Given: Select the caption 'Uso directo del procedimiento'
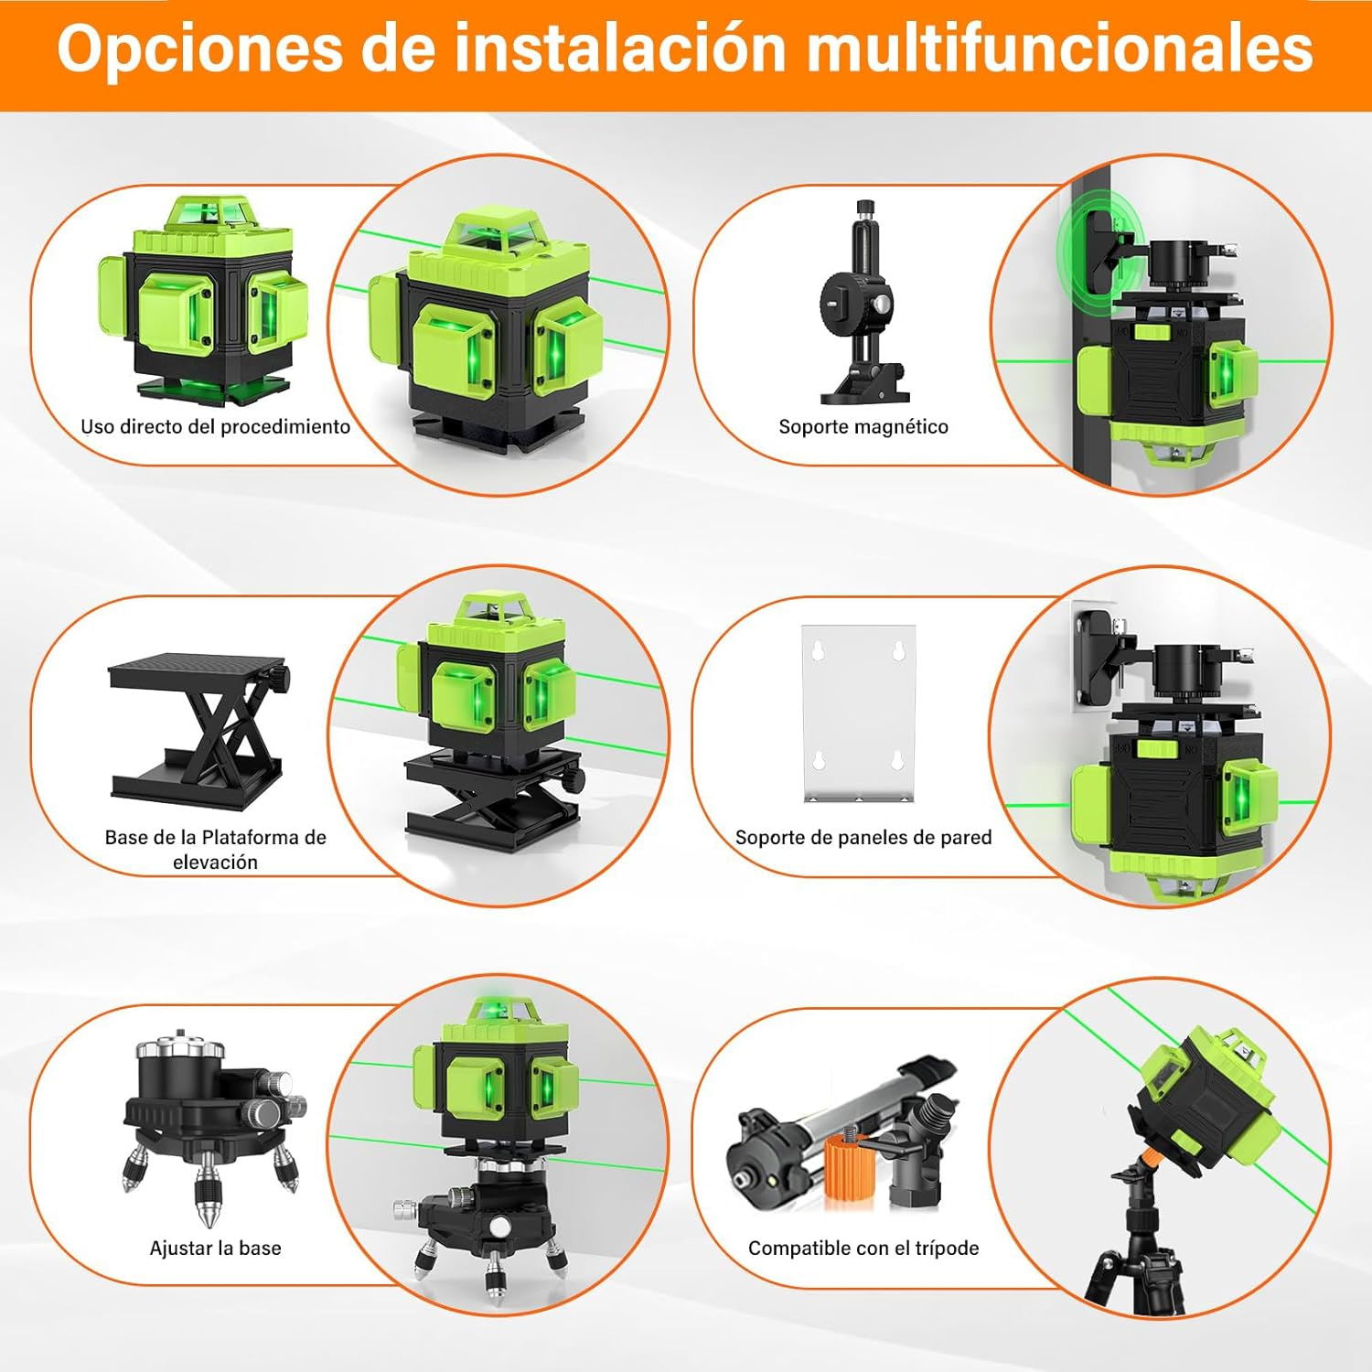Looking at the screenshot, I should click(215, 426).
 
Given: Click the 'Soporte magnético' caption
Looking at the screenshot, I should click(863, 426).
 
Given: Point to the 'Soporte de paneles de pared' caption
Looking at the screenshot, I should click(863, 837).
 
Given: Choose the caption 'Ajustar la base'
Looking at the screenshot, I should click(215, 1248).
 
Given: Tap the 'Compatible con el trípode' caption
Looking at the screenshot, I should click(863, 1248).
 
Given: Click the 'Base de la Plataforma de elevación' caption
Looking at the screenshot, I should click(215, 849).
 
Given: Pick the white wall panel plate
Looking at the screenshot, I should click(858, 713).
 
